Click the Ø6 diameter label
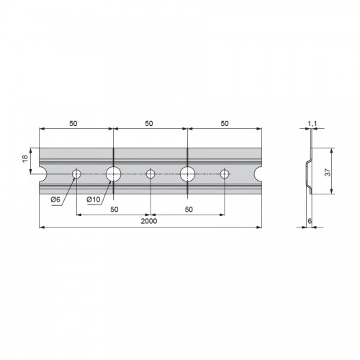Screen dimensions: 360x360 pos(55,199)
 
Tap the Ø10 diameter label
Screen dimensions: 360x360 pos(94,199)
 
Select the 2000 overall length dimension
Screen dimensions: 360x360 pos(149,221)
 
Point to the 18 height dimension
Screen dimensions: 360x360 pos(25,158)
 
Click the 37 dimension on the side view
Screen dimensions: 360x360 pos(328,172)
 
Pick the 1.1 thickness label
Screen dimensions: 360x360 pos(312,124)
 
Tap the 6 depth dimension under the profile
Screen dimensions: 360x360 pos(310,221)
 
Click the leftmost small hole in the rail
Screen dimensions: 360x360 pos(76,174)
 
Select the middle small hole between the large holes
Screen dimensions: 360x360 pos(150,174)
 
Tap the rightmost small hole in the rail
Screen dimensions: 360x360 pos(225,174)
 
